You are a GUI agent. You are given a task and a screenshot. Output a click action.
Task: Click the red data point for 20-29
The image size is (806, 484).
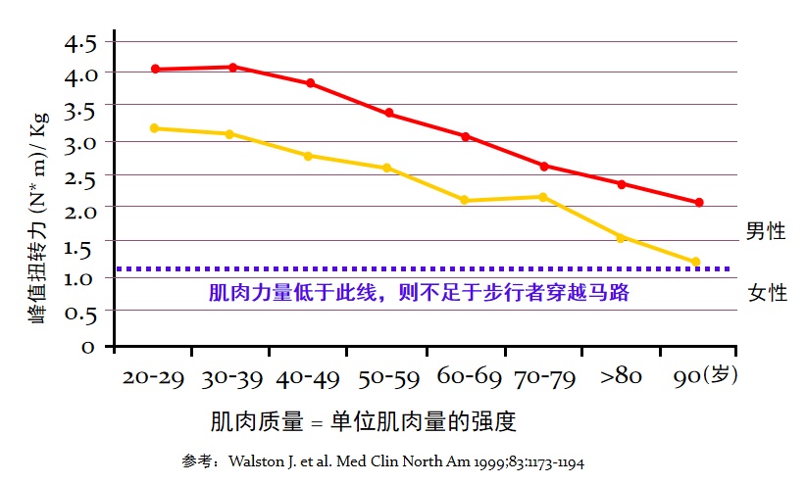[x=155, y=70]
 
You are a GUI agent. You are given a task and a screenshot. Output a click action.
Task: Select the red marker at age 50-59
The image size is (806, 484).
[x=388, y=114]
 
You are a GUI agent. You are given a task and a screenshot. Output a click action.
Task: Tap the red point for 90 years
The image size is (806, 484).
[x=699, y=203]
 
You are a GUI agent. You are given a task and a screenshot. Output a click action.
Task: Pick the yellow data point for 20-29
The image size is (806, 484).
[x=155, y=128]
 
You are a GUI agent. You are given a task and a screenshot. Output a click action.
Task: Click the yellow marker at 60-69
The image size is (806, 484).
[x=465, y=201]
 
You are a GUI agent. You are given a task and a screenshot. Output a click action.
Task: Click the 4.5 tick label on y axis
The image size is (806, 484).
[x=81, y=44]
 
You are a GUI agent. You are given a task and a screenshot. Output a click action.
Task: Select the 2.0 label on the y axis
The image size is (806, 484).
[x=81, y=210]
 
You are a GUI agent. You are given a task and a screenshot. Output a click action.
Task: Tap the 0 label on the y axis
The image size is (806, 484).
[x=87, y=347]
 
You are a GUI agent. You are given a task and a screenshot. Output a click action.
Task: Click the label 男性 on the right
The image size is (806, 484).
[x=766, y=232]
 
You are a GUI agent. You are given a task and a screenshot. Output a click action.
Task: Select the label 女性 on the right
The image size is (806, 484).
[x=768, y=293]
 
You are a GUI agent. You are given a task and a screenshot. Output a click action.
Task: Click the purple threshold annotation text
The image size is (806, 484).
[x=419, y=292]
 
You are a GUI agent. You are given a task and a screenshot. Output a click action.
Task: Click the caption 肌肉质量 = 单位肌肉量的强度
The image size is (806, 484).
[x=363, y=422]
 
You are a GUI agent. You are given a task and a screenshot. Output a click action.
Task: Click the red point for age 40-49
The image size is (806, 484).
[x=310, y=84]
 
